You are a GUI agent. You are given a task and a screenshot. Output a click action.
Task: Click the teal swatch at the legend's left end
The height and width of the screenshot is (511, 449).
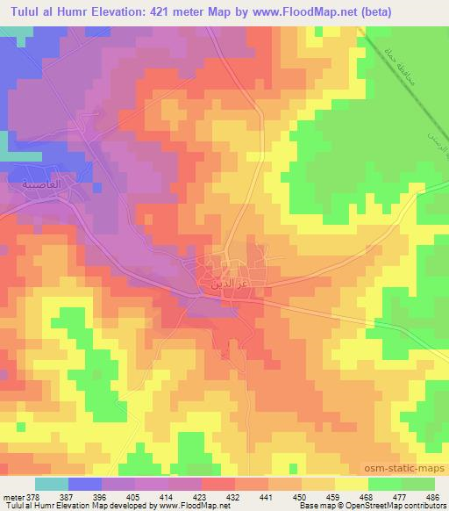click(x=52, y=483)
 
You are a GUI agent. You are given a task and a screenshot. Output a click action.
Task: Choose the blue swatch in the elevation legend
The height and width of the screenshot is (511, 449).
click(x=85, y=483)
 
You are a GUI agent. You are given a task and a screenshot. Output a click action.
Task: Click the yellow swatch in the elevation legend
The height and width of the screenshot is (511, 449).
click(x=351, y=483)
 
